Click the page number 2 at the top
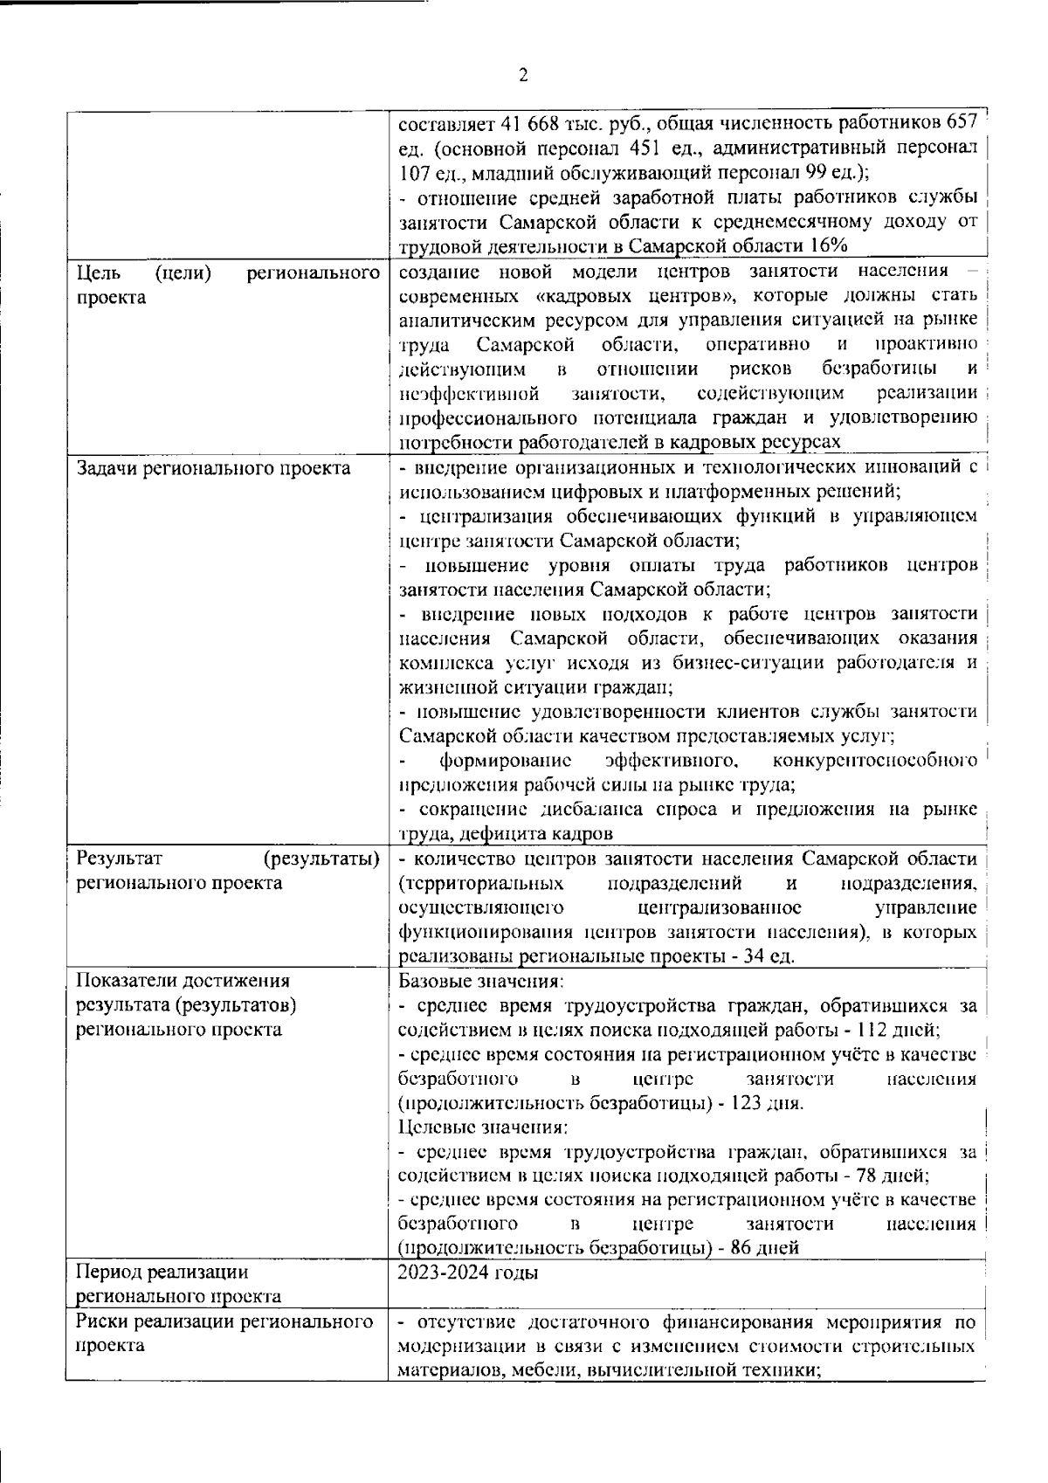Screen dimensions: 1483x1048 point(523,76)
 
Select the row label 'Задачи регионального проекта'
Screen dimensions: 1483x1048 point(213,468)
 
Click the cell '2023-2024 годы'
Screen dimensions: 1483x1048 point(467,1273)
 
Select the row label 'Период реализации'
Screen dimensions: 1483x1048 point(162,1272)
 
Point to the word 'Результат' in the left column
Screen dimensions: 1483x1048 point(114,858)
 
